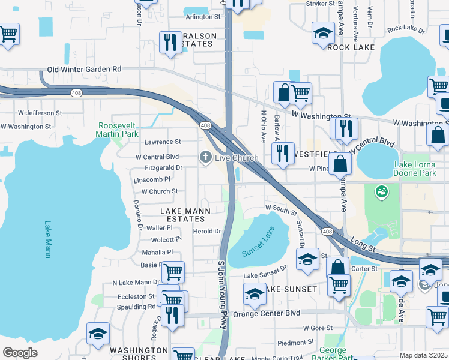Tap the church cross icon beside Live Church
click(x=205, y=157)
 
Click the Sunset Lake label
click(x=258, y=242)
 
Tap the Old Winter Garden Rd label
click(x=84, y=69)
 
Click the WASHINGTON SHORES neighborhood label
click(x=139, y=354)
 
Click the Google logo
click(x=20, y=352)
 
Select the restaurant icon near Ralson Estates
click(x=170, y=41)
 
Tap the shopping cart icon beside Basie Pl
click(x=173, y=272)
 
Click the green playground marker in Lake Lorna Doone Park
click(x=379, y=192)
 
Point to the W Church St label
click(x=159, y=191)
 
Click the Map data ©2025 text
click(x=423, y=355)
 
